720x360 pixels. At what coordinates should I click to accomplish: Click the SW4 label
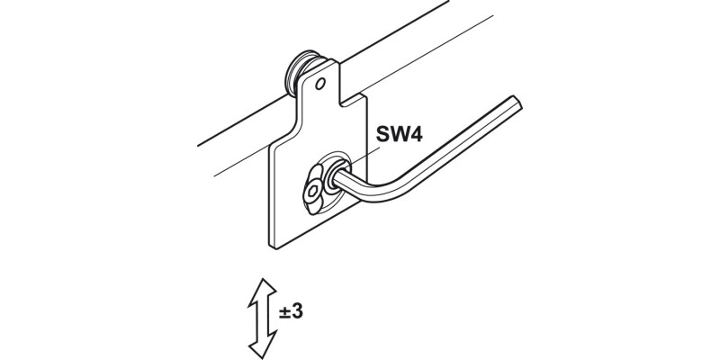[x=399, y=133]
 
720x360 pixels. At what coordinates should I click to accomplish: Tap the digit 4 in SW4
[x=416, y=133]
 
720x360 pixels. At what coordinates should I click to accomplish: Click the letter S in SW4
[x=382, y=133]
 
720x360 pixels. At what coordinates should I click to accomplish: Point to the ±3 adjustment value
[x=291, y=311]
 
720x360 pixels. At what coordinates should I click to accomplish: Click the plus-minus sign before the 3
[x=284, y=312]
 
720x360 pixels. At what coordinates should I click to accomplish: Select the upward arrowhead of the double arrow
[x=263, y=292]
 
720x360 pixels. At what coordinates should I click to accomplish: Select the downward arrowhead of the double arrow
[x=263, y=345]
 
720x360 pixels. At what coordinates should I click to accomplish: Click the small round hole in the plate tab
[x=320, y=84]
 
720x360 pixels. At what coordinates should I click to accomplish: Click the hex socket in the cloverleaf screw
[x=312, y=191]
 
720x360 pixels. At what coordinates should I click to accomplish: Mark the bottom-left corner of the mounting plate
[x=274, y=249]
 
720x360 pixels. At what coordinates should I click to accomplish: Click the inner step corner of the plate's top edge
[x=340, y=103]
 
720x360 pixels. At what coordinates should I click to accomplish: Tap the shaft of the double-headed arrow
[x=263, y=319]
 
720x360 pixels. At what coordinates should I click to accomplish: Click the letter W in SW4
[x=399, y=133]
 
